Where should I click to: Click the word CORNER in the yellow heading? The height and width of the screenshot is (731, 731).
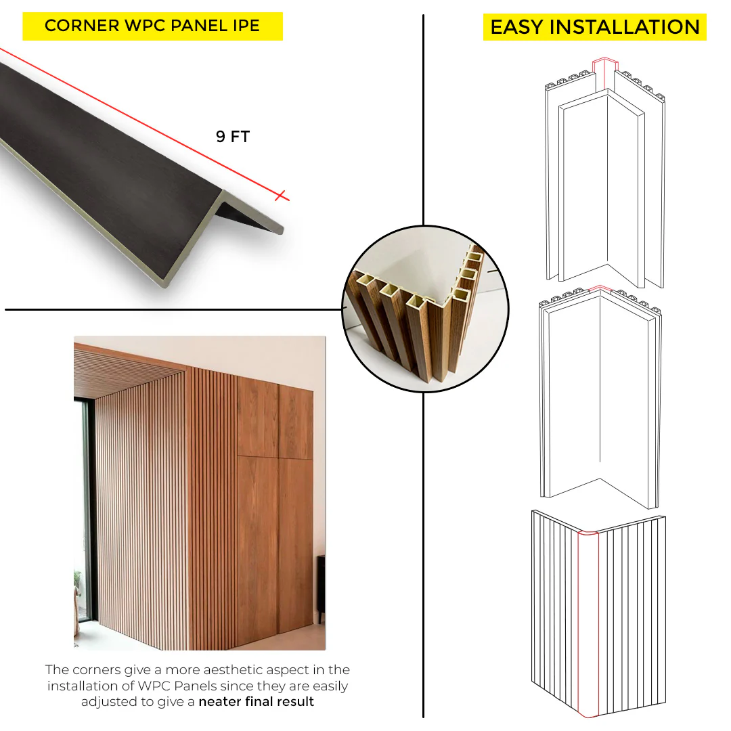(x=82, y=26)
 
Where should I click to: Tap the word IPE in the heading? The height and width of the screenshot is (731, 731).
(x=246, y=26)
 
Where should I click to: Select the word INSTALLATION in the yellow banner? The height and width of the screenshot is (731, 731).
(x=625, y=27)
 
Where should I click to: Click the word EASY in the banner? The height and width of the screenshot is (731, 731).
(x=517, y=27)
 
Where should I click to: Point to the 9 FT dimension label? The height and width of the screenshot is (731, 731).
(x=233, y=137)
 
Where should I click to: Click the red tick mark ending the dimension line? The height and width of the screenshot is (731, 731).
(x=281, y=196)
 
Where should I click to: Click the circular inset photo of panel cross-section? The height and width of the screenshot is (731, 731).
(x=425, y=309)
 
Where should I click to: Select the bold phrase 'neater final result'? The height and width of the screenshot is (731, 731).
(x=256, y=702)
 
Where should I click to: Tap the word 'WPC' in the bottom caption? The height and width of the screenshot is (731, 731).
(x=154, y=686)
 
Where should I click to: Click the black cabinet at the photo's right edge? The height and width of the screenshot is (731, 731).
(x=321, y=588)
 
